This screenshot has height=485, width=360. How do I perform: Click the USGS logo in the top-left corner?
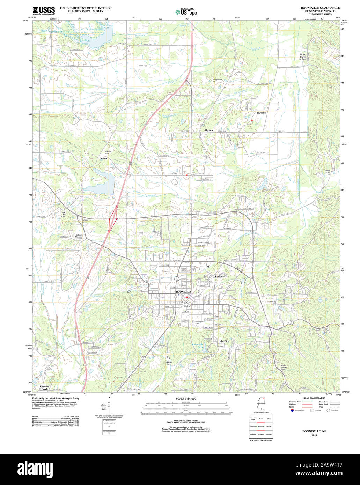pyautogui.click(x=44, y=11)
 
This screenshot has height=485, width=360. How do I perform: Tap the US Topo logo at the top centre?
pyautogui.click(x=186, y=12)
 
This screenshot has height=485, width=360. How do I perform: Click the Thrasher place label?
pyautogui.click(x=262, y=113)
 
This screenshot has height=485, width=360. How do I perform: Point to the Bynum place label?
pyautogui.click(x=209, y=130)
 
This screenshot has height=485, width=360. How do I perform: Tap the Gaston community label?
pyautogui.click(x=103, y=158)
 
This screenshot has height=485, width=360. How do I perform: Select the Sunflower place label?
pyautogui.click(x=220, y=276)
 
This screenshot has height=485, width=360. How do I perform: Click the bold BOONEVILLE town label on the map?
pyautogui.click(x=184, y=291)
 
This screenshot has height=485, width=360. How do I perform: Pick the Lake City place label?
pyautogui.click(x=223, y=341)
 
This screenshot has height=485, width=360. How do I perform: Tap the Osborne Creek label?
pyautogui.click(x=45, y=388)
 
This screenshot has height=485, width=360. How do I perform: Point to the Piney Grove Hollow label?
pyautogui.click(x=302, y=57)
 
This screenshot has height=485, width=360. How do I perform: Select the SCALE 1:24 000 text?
pyautogui.click(x=186, y=398)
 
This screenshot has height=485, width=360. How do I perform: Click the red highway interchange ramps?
pyautogui.click(x=112, y=219)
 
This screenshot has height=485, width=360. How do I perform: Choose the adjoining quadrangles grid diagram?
pyautogui.click(x=260, y=426)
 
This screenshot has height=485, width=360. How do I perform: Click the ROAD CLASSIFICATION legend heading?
pyautogui.click(x=315, y=398)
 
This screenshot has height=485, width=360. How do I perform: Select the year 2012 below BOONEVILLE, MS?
pyautogui.click(x=315, y=435)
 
